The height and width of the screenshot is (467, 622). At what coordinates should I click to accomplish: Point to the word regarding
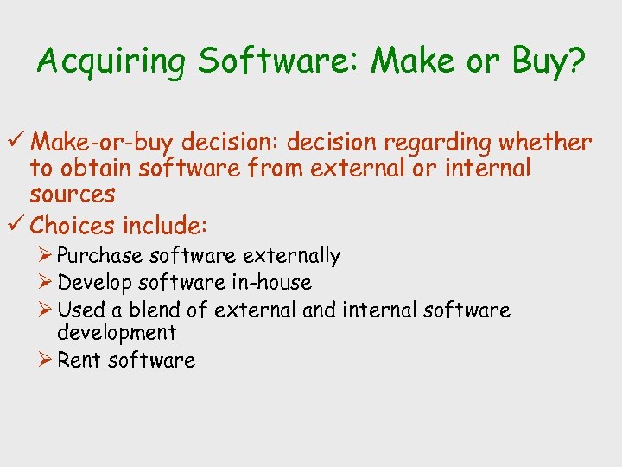click(x=447, y=142)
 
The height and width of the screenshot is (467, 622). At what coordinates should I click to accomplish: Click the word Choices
click(x=72, y=226)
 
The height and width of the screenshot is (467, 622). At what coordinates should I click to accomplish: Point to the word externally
click(x=291, y=256)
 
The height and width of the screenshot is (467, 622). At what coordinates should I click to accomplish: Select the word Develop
click(x=94, y=283)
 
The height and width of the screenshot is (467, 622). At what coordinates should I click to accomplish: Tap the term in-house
click(x=270, y=283)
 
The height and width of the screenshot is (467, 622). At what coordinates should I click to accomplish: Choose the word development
click(x=116, y=333)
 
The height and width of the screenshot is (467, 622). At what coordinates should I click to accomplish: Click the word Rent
click(x=79, y=361)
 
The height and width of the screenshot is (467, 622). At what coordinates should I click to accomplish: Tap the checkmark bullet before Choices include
click(x=17, y=226)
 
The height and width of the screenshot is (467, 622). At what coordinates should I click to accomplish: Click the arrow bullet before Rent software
click(x=47, y=361)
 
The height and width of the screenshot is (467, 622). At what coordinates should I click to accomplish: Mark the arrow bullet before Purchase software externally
click(x=47, y=256)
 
